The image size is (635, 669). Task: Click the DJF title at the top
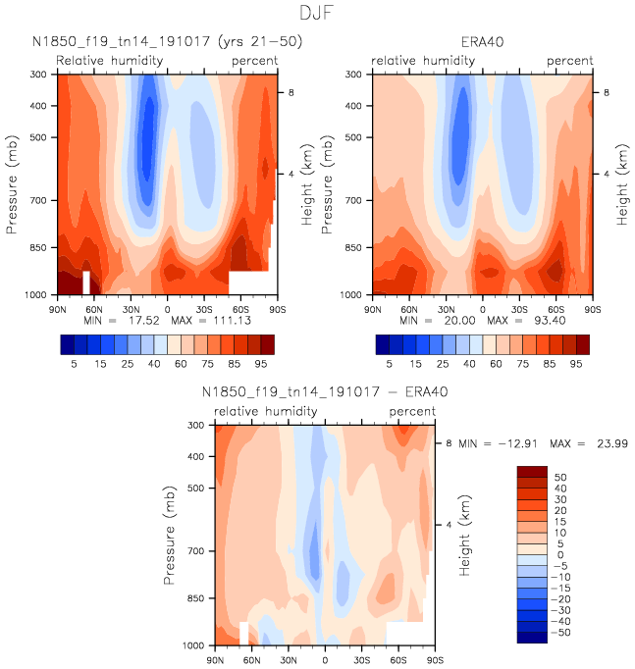tap(317, 13)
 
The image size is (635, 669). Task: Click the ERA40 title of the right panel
tap(482, 42)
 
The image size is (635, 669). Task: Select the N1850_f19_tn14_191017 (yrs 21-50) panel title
tap(167, 42)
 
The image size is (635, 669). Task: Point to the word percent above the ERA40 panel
tap(569, 61)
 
